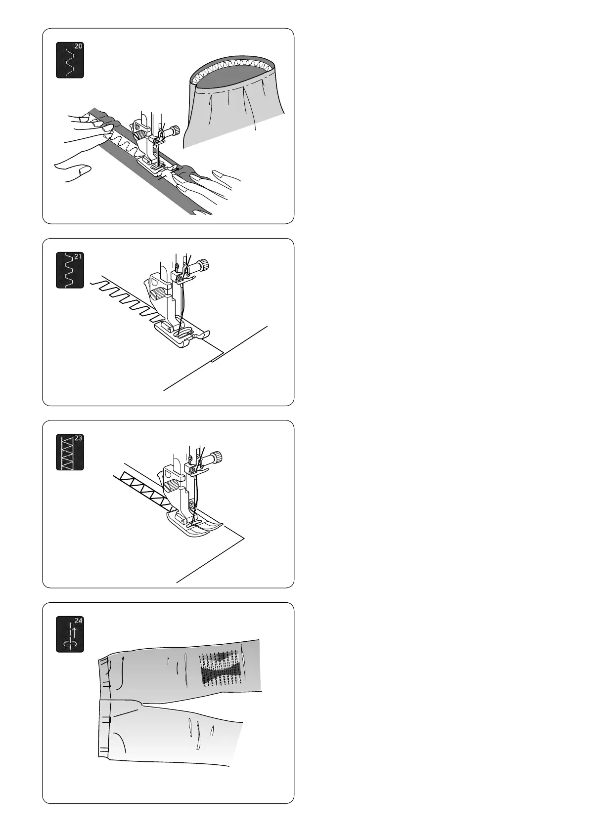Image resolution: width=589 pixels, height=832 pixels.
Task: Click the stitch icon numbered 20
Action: [70, 60]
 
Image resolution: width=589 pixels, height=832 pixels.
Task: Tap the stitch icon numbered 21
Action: [70, 270]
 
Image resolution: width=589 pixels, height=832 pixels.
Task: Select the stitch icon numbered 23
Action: [70, 452]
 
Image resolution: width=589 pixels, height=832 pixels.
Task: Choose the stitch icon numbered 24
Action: [70, 634]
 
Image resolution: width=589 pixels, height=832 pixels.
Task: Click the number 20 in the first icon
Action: [79, 46]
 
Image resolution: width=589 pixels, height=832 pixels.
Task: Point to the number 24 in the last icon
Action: [79, 620]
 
